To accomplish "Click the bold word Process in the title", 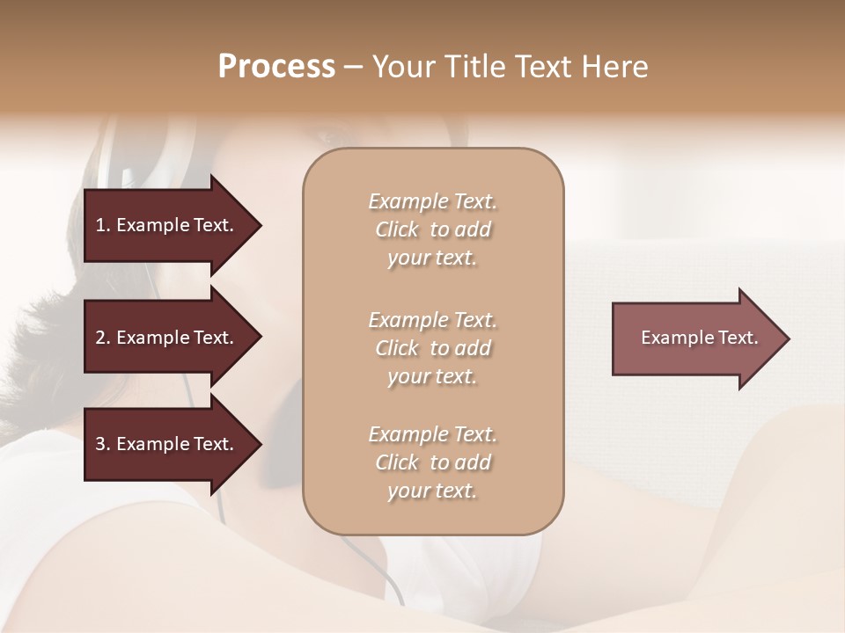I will point(276,67).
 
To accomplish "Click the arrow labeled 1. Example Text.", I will point(167,225).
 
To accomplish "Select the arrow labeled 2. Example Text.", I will point(167,338).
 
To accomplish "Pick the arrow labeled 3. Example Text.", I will point(167,444).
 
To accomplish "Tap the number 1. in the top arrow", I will point(103,225).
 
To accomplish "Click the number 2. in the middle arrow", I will point(103,338).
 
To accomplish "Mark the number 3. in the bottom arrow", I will point(103,444).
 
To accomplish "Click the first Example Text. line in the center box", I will point(432,201).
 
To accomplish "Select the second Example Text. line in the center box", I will point(432,320).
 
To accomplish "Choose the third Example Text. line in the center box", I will point(432,434).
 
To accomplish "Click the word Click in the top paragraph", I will point(397,229).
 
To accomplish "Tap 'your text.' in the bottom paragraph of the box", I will point(432,491).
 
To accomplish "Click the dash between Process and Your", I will point(353,67).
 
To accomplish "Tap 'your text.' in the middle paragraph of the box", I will point(432,377).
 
